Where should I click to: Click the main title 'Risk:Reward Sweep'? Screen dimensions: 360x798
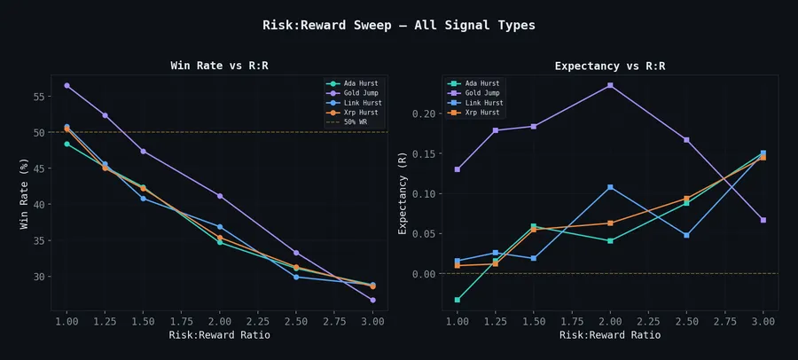[399, 26]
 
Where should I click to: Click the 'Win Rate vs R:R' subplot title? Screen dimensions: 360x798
[219, 66]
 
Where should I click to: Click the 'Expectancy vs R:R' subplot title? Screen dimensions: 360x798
[610, 66]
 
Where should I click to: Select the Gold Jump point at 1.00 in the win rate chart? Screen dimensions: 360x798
[66, 86]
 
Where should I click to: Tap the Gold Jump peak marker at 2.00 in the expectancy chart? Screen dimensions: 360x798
[610, 85]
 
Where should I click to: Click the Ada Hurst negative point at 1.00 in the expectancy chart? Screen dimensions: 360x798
[458, 300]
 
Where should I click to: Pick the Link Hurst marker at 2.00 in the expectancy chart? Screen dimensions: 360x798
[610, 187]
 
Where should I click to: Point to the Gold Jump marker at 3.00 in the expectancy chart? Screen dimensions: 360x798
[763, 220]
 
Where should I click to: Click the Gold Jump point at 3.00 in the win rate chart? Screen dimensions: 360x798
[372, 300]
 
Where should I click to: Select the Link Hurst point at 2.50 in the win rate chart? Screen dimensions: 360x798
[296, 277]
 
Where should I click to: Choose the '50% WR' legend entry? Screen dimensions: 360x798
[358, 122]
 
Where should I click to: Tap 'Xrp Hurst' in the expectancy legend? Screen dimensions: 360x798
[482, 113]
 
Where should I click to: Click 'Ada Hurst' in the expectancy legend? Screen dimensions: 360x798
[482, 83]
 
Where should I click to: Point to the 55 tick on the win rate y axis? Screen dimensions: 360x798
[39, 97]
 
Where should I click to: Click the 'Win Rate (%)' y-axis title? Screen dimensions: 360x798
[25, 193]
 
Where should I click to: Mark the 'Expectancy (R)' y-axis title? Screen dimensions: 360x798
[403, 192]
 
